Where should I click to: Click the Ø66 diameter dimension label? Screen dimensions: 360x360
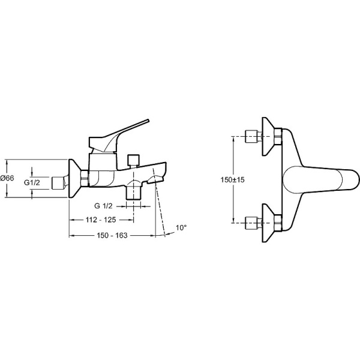(7, 178)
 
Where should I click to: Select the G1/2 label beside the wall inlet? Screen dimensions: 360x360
(32, 182)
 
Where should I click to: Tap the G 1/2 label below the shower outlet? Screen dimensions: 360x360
(104, 206)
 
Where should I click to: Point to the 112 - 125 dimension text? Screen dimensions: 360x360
(101, 220)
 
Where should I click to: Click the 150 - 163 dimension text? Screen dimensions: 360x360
(112, 235)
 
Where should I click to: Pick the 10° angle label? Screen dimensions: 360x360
(181, 228)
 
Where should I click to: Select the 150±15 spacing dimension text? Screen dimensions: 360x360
(233, 180)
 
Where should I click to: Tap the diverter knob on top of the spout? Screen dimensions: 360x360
(134, 160)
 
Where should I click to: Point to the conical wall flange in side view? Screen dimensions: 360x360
(75, 178)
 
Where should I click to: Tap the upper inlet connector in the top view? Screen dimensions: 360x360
(254, 136)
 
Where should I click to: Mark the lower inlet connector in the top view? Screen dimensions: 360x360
(254, 223)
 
